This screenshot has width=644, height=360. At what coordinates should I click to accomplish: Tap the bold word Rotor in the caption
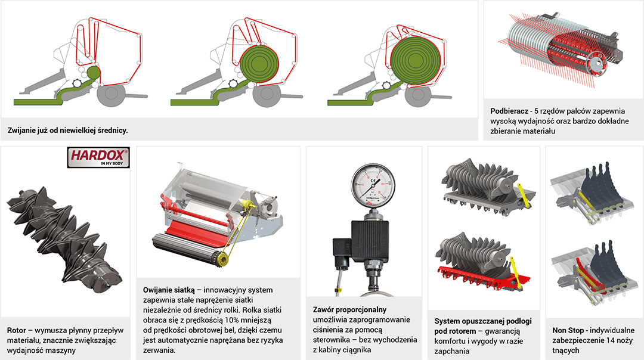click(x=16, y=330)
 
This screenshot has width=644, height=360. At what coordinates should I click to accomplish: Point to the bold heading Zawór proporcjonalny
click(x=349, y=309)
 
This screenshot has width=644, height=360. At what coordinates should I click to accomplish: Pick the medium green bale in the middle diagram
click(x=260, y=65)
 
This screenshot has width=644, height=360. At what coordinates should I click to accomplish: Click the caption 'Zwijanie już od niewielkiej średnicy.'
click(x=68, y=130)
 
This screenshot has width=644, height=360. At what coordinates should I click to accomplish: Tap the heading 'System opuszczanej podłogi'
click(x=483, y=321)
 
